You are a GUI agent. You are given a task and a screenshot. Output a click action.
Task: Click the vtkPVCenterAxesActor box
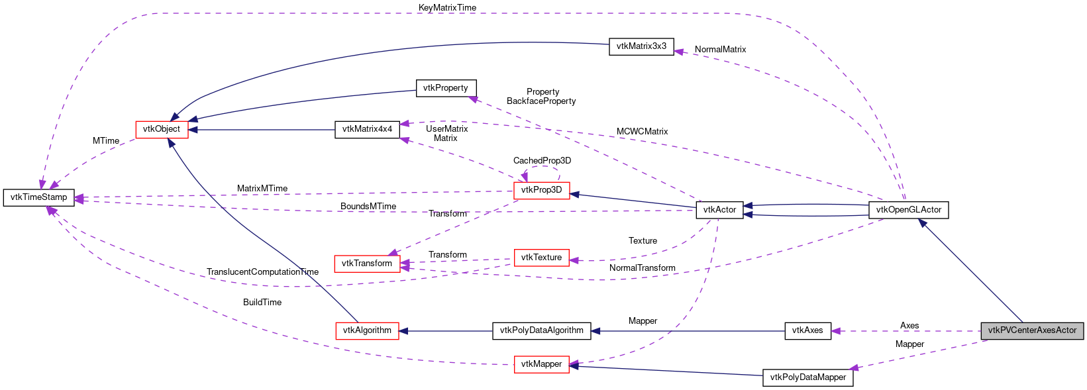pyautogui.click(x=1032, y=330)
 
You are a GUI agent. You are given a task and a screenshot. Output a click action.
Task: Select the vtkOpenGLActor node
pyautogui.click(x=908, y=210)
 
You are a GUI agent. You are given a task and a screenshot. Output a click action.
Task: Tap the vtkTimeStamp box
pyautogui.click(x=39, y=197)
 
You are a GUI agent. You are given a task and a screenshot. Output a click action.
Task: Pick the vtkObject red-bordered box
pyautogui.click(x=162, y=129)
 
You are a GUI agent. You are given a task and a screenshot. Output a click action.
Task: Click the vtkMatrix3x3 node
pyautogui.click(x=641, y=46)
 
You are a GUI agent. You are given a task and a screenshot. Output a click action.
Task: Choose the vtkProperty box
pyautogui.click(x=446, y=88)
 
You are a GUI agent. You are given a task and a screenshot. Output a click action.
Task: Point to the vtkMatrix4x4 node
pyautogui.click(x=367, y=129)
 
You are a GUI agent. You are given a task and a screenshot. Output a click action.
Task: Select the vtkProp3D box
pyautogui.click(x=541, y=190)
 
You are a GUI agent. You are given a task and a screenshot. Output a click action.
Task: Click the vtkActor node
pyautogui.click(x=719, y=210)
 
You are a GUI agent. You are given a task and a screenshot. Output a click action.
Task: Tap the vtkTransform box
pyautogui.click(x=366, y=264)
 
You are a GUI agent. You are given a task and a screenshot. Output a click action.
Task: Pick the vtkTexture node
pyautogui.click(x=541, y=258)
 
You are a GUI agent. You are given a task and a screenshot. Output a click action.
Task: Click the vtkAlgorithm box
pyautogui.click(x=367, y=330)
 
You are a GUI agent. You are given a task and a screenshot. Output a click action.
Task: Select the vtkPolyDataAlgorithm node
pyautogui.click(x=541, y=330)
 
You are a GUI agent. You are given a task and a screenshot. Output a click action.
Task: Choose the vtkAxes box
pyautogui.click(x=807, y=330)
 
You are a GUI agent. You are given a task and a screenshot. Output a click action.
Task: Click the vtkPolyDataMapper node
pyautogui.click(x=807, y=377)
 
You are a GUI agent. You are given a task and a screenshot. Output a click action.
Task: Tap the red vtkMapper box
pyautogui.click(x=541, y=364)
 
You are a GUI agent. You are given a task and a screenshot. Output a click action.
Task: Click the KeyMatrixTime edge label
pyautogui.click(x=447, y=7)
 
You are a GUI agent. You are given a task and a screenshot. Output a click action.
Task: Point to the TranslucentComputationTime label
pyautogui.click(x=262, y=272)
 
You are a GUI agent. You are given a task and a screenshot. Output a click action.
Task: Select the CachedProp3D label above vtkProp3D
pyautogui.click(x=542, y=161)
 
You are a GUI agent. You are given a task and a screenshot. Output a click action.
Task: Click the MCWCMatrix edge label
pyautogui.click(x=642, y=132)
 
